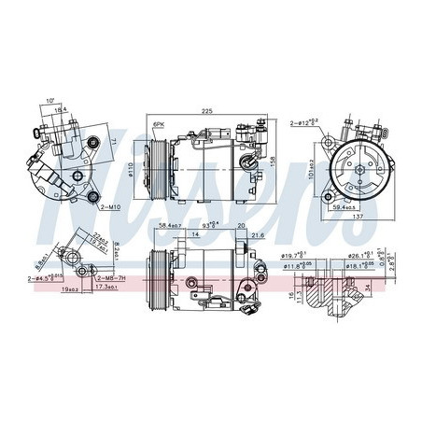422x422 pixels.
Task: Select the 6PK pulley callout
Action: coord(159,124)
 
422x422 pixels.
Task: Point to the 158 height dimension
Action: coord(273,159)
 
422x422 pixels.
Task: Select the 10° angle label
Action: coord(49,100)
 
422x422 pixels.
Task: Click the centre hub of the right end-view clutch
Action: coord(354,162)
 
